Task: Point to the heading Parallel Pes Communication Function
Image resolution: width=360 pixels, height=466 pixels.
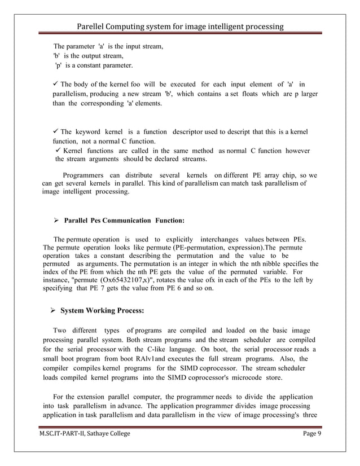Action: point(125,220)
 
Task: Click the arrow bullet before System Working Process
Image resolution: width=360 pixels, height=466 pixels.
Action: point(53,310)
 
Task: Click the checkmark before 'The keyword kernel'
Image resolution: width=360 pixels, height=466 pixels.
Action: point(55,131)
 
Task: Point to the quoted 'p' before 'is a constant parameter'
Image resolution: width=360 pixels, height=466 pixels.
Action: point(58,66)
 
